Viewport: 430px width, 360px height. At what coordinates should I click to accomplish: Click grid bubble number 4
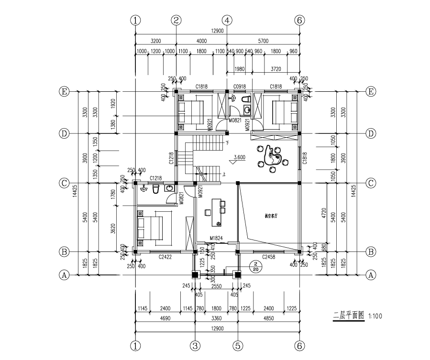[x=227, y=20]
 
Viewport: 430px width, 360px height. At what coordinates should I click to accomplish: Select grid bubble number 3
[x=195, y=345]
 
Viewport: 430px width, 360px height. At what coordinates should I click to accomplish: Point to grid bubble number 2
[x=176, y=20]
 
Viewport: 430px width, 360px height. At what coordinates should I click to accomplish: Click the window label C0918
[x=239, y=87]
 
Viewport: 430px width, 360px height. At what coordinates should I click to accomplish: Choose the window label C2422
[x=165, y=257]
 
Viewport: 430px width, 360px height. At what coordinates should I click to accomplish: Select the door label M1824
[x=216, y=238]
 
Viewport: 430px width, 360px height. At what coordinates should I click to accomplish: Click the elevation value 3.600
[x=239, y=157]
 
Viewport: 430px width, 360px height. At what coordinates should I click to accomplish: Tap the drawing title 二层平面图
[x=349, y=316]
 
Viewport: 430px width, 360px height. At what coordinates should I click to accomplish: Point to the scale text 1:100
[x=375, y=316]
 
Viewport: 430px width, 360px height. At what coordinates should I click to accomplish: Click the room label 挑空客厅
[x=271, y=216]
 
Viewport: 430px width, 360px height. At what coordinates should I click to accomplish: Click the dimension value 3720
[x=276, y=69]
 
